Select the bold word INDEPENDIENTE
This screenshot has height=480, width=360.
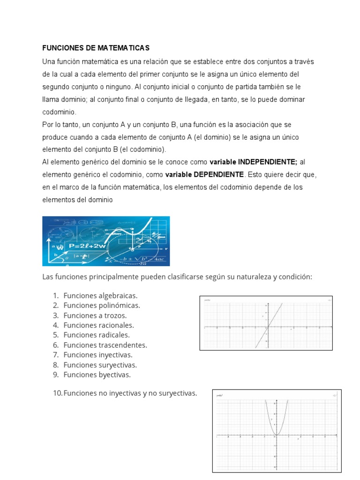[x=268, y=162]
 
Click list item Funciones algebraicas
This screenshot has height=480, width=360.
[x=100, y=296]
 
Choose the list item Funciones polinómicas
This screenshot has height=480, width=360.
[x=102, y=306]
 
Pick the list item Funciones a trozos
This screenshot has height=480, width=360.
[x=95, y=315]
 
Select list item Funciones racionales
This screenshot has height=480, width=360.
[x=98, y=325]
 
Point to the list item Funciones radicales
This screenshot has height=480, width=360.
[x=97, y=335]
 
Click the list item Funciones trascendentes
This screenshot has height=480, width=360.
[x=105, y=345]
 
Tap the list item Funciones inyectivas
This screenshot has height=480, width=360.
[x=98, y=355]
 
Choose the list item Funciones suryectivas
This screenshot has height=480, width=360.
[x=100, y=365]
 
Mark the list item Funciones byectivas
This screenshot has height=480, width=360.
[x=97, y=375]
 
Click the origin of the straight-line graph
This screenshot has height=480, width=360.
[x=267, y=327]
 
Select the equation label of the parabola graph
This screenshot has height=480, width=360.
[x=220, y=396]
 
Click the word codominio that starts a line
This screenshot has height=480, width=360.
[x=59, y=112]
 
